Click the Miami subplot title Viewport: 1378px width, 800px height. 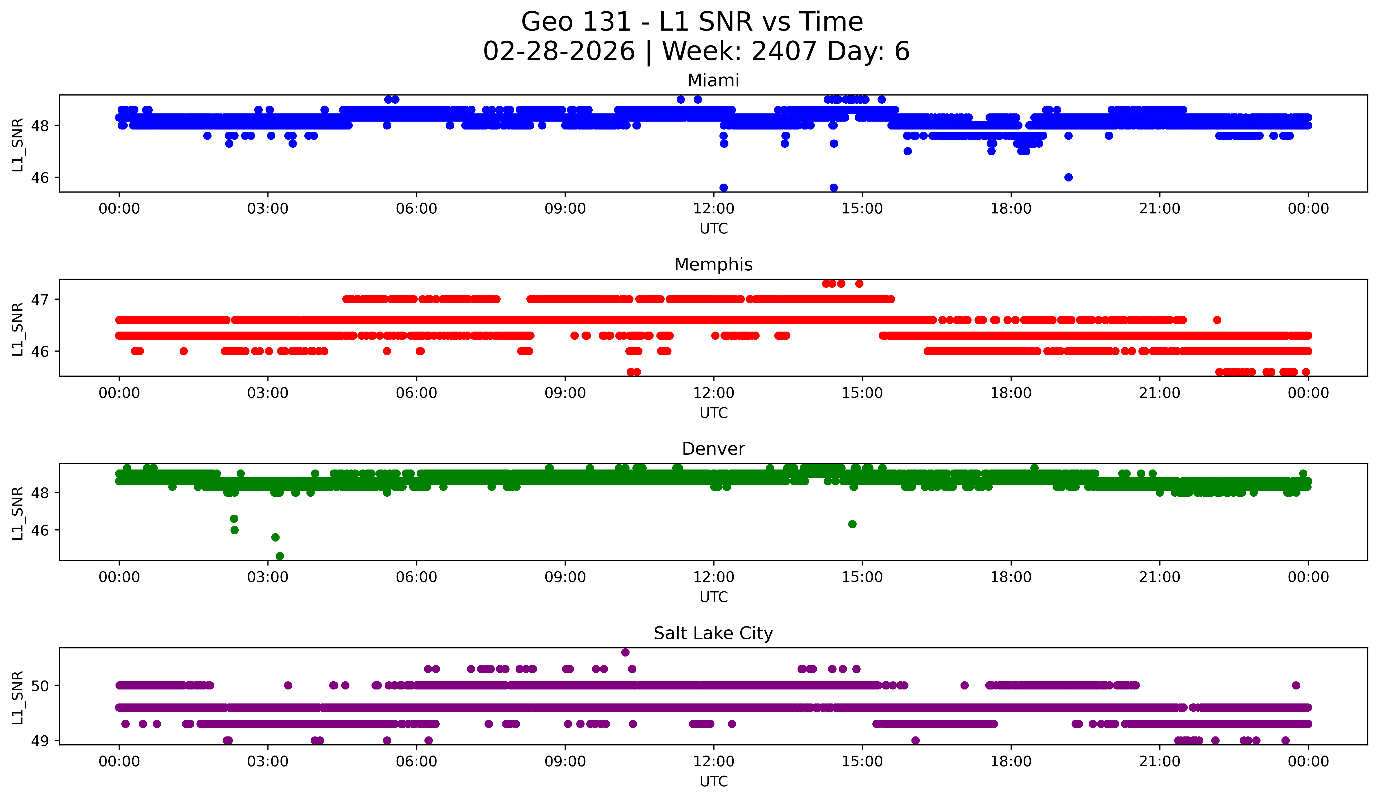[713, 80]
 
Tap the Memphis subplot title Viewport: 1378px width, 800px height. [713, 265]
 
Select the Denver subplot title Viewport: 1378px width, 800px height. [713, 449]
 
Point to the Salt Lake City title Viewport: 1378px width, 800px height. [713, 633]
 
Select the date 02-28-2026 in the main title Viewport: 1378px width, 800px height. [559, 51]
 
